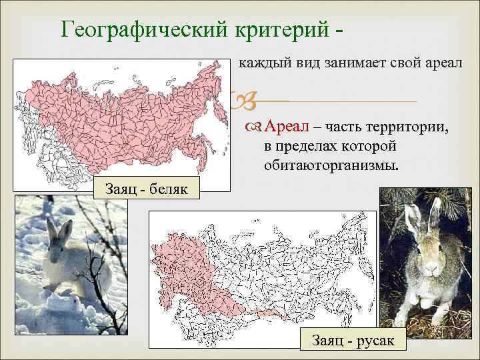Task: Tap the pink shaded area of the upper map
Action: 113,113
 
